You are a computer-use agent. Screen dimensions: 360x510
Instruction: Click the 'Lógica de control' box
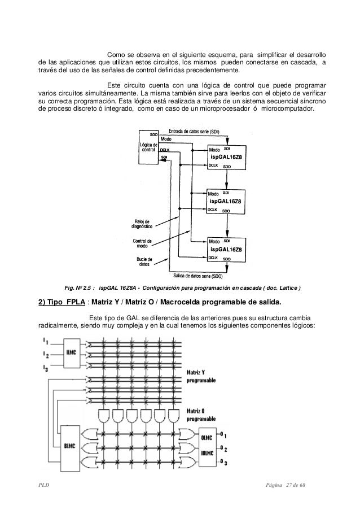[x=148, y=147]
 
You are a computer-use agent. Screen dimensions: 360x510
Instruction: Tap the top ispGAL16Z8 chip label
[x=226, y=157]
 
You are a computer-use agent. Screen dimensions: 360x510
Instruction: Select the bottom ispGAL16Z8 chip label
[x=226, y=250]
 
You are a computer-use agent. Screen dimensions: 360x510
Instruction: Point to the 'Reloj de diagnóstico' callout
[x=142, y=224]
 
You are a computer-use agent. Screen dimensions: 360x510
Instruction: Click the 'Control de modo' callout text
[x=142, y=243]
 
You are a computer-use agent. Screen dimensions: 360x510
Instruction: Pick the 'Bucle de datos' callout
[x=144, y=262]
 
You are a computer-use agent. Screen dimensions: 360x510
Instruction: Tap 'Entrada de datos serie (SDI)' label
[x=194, y=132]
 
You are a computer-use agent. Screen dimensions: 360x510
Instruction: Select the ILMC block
[x=71, y=353]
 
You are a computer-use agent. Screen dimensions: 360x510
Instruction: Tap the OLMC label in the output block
[x=207, y=438]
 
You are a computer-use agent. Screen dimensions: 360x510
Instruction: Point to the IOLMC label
[x=207, y=453]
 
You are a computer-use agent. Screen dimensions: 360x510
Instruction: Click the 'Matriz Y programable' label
[x=201, y=376]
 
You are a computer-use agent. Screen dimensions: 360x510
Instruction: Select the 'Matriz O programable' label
[x=201, y=415]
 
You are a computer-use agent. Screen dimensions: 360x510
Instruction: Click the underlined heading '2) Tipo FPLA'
[x=62, y=302]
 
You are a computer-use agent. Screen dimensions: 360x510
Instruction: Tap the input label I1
[x=45, y=341]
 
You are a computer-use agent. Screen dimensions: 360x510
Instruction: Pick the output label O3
[x=223, y=462]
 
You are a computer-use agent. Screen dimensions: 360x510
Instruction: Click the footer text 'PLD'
[x=43, y=485]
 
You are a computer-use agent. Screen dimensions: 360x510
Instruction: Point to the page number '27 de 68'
[x=296, y=485]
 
